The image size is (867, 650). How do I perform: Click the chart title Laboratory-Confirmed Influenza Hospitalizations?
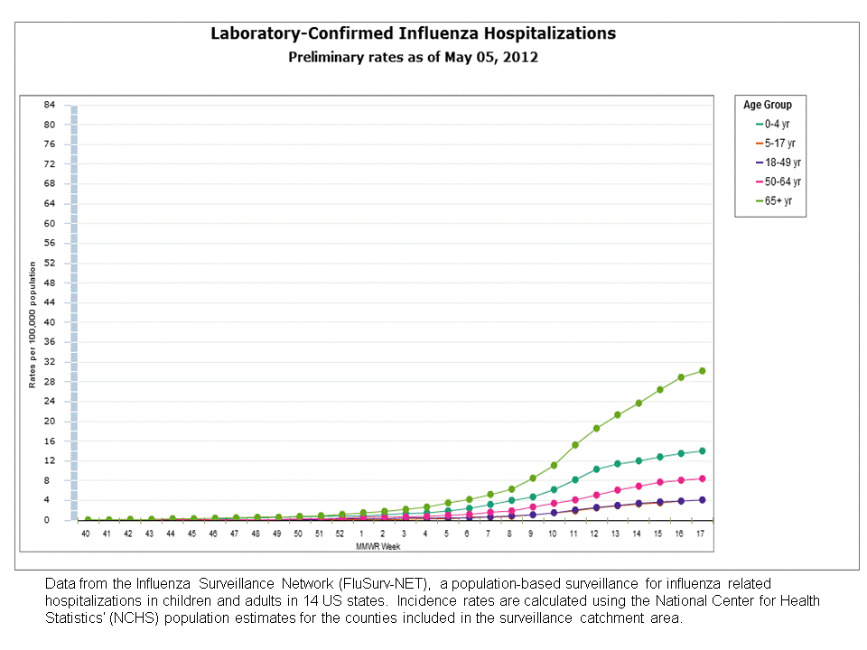click(413, 33)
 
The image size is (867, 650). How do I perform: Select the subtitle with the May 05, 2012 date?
click(413, 57)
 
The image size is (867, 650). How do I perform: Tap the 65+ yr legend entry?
click(774, 201)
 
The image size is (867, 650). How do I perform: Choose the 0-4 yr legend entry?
click(774, 125)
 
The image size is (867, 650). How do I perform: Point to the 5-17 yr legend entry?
click(775, 144)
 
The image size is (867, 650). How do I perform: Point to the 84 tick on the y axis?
click(51, 105)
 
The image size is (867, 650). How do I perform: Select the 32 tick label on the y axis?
click(51, 361)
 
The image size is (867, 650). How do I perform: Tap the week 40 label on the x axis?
click(86, 534)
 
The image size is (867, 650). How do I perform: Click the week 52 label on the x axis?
click(340, 534)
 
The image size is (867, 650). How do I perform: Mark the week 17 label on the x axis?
click(701, 534)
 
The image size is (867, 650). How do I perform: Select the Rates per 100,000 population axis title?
click(33, 324)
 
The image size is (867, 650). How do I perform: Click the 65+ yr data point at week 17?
click(702, 371)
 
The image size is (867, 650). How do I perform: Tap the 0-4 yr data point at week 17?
click(702, 450)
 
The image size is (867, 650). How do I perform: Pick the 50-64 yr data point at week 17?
click(702, 478)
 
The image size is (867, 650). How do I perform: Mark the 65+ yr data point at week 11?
click(575, 444)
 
